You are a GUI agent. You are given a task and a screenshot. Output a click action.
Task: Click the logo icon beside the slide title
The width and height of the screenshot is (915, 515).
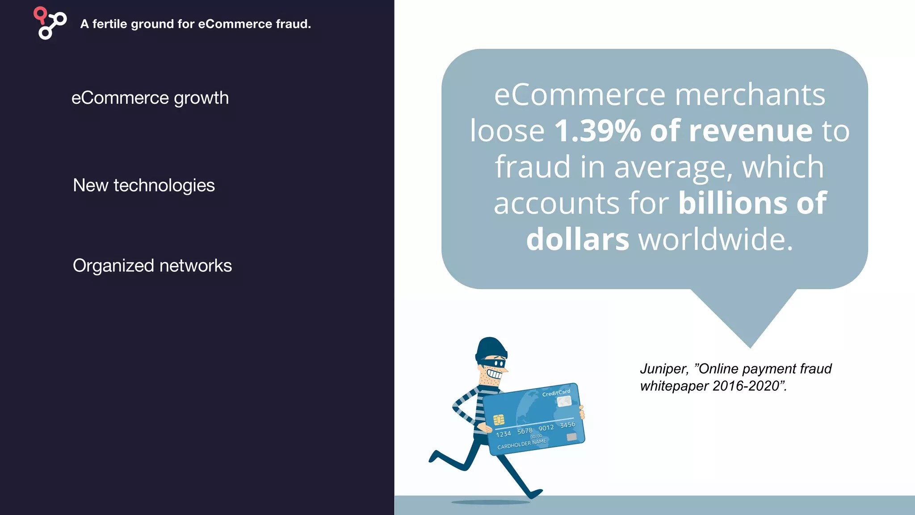click(50, 23)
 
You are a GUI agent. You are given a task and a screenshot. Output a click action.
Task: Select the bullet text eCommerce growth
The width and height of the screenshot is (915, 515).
click(150, 98)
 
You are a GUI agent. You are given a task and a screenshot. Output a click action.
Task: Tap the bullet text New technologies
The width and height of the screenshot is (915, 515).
click(144, 185)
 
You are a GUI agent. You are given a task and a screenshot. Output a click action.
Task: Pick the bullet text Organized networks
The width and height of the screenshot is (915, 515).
click(152, 266)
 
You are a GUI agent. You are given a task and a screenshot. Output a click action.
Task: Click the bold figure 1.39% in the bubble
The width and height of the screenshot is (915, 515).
click(597, 131)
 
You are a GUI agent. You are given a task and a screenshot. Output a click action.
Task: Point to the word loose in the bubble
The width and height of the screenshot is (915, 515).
click(507, 131)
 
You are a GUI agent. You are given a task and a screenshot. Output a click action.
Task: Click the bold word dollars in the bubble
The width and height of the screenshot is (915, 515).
click(578, 239)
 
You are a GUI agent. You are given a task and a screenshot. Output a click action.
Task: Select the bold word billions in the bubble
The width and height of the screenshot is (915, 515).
click(733, 203)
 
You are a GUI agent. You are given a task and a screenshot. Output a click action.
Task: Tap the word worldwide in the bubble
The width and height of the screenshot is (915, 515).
click(715, 239)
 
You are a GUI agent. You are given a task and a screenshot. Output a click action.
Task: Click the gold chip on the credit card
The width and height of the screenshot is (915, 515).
click(499, 419)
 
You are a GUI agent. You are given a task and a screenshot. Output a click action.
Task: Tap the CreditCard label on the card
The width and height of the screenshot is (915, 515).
click(556, 393)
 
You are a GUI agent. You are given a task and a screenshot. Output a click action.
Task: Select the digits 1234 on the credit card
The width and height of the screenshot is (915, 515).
click(503, 434)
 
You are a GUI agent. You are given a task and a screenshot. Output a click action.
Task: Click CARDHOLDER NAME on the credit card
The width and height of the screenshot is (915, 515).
click(522, 444)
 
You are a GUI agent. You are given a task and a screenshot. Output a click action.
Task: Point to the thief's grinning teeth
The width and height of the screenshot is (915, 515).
click(494, 374)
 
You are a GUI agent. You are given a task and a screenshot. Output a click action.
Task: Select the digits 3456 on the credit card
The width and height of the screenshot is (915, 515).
click(567, 425)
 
